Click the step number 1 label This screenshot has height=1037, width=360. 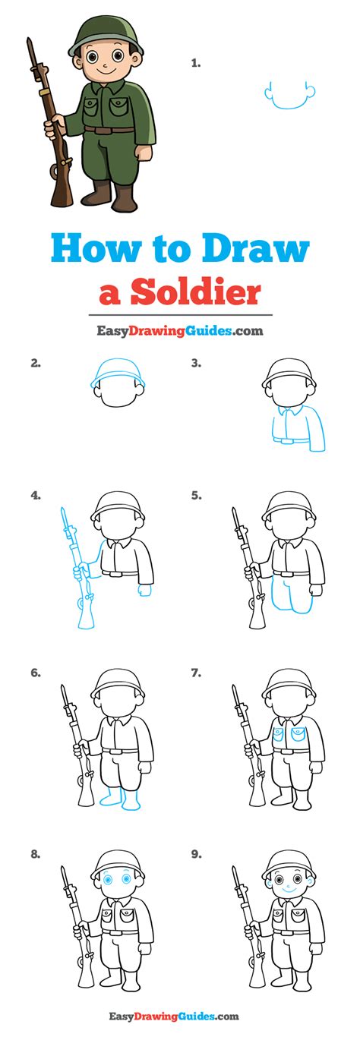pyautogui.click(x=195, y=64)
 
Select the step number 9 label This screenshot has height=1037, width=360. pyautogui.click(x=196, y=854)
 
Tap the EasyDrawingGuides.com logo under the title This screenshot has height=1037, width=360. pyautogui.click(x=179, y=330)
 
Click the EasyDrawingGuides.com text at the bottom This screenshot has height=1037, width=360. pyautogui.click(x=179, y=1016)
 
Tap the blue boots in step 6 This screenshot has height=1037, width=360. pyautogui.click(x=120, y=798)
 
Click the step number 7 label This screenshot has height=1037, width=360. pyautogui.click(x=196, y=673)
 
